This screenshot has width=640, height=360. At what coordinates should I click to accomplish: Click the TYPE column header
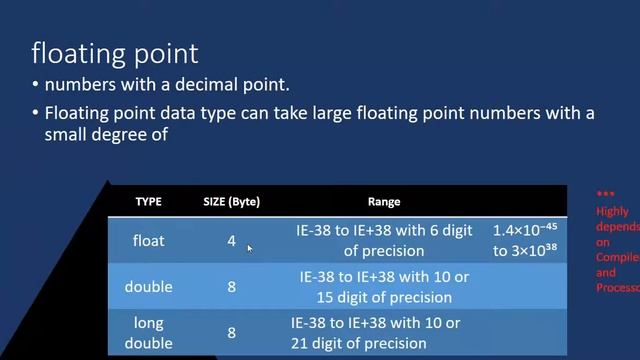pos(148,201)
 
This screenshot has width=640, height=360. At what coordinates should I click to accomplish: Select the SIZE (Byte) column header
pos(230,201)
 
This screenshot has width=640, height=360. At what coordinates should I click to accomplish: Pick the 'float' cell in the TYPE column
pos(149,241)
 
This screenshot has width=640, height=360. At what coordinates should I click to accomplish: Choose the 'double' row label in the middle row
pos(148,287)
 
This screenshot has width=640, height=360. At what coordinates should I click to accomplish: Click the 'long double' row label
pos(148,333)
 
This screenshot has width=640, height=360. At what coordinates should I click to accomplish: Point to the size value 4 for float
pos(231,241)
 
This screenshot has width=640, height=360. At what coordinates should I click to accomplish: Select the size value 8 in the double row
pos(231,287)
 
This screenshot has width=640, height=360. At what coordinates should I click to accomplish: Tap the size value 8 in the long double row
pos(231,333)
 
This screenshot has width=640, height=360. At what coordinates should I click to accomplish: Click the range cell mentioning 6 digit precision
pos(384,241)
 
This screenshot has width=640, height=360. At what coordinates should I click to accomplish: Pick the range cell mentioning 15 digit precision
pos(384,287)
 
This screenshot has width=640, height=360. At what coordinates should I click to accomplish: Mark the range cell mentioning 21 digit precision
pos(375,333)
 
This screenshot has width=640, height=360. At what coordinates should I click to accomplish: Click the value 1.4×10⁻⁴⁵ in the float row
pos(525,231)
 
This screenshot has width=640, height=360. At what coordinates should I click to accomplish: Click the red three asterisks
pos(605,195)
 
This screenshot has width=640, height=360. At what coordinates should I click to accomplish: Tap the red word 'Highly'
pos(612,211)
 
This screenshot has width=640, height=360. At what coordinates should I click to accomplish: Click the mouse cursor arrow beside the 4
pos(250,248)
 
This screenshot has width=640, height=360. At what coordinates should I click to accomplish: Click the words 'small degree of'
pos(103,133)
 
